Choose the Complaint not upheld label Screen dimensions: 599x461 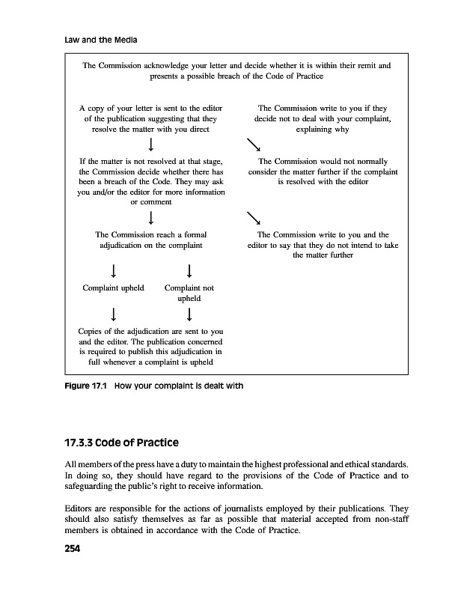[189, 292]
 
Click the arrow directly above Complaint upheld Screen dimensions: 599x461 [112, 269]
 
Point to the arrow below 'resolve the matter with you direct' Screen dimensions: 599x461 [152, 143]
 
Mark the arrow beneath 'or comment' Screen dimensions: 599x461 [152, 218]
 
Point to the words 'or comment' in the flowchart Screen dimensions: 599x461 [151, 202]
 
